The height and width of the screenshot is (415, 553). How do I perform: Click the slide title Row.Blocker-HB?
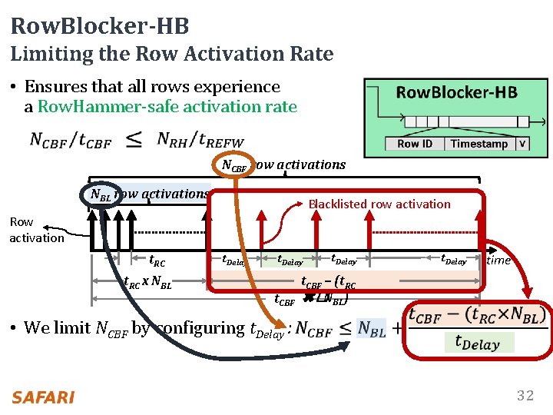[100, 26]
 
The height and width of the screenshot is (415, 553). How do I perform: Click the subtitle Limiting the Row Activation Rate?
[172, 54]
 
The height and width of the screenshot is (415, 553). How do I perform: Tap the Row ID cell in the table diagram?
[415, 144]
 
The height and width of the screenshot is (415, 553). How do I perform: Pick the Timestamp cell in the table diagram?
[478, 144]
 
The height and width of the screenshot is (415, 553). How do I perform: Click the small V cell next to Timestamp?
[522, 144]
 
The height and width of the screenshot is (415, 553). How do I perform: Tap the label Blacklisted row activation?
[379, 204]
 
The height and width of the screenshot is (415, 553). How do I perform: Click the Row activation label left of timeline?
[36, 230]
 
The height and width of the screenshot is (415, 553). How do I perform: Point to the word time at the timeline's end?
[498, 261]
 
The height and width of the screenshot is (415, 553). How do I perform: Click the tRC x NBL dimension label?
[147, 281]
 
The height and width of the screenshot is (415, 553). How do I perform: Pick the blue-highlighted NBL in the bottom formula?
[373, 328]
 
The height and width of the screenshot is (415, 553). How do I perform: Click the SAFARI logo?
[43, 397]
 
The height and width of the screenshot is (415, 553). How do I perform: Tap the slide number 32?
[525, 396]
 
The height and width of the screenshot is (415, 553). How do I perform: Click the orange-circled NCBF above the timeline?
[233, 164]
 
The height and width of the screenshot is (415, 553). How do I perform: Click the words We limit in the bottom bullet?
[57, 328]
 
